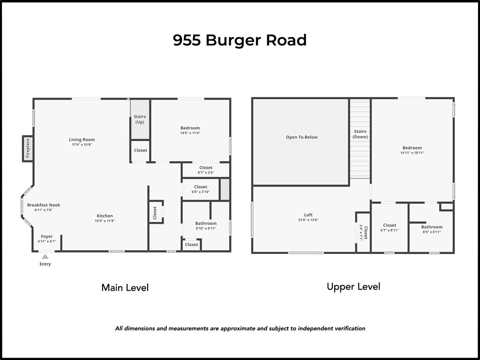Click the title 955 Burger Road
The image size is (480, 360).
point(240,40)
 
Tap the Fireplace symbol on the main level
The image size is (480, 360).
point(28,149)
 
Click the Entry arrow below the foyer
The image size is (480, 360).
point(45,256)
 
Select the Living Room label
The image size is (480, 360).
point(82,140)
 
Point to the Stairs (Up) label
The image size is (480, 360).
point(140,119)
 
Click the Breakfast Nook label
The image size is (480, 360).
point(44,205)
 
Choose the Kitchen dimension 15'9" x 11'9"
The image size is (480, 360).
point(105,221)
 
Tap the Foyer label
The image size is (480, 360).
point(47,237)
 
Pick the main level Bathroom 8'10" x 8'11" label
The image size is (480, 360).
point(206,224)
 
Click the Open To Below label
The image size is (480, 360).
point(301,137)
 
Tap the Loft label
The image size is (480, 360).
point(308,215)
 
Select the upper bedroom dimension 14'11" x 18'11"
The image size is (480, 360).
point(412,153)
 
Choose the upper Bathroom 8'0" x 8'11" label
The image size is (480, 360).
point(431,227)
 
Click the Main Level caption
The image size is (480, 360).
point(125,287)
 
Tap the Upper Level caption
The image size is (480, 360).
point(353,286)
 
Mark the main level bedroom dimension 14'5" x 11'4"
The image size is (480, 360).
point(190,133)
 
